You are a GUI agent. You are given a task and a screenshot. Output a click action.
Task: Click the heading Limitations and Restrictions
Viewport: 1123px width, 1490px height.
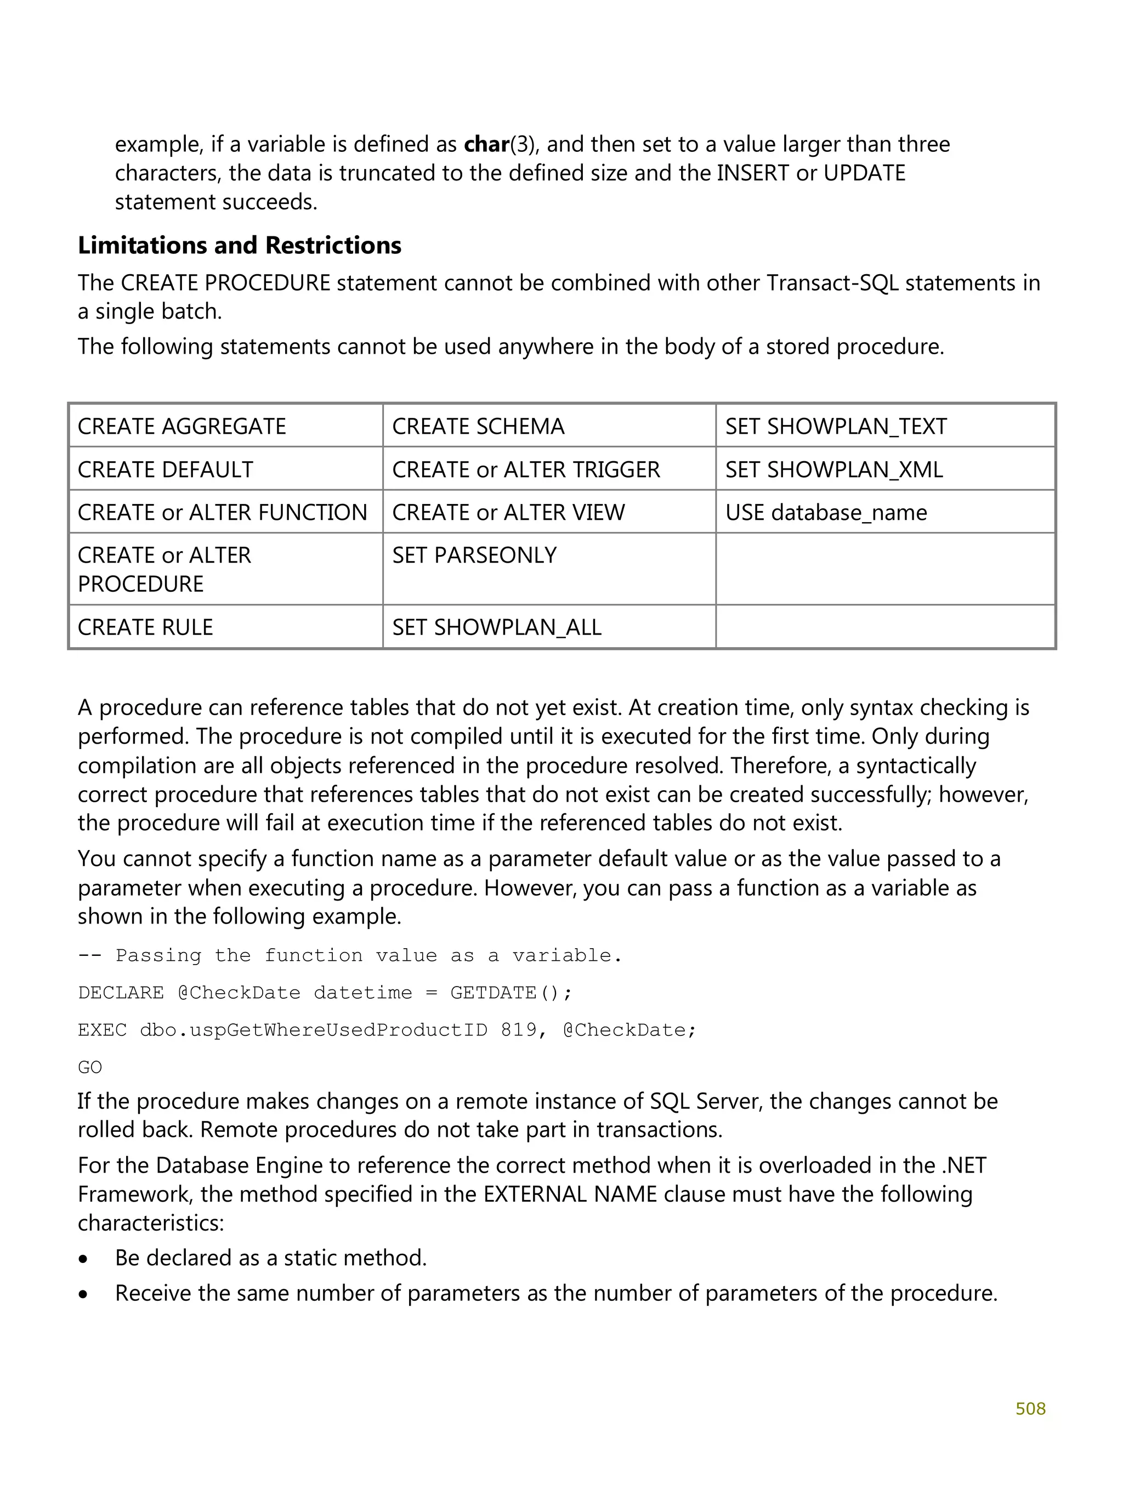pos(239,245)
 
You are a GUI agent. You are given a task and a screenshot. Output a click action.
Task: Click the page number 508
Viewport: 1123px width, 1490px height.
pos(1030,1408)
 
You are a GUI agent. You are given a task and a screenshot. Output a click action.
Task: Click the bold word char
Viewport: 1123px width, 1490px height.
pos(486,144)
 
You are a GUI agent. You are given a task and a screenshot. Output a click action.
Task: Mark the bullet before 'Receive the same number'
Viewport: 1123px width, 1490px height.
pos(83,1295)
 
